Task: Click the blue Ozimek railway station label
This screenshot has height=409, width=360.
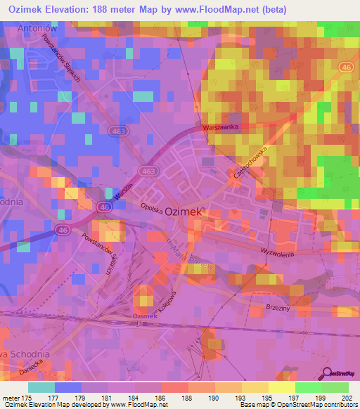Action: tap(146, 316)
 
